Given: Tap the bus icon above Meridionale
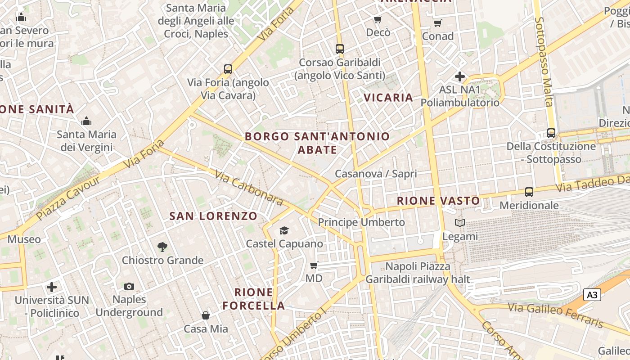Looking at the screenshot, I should (x=529, y=192).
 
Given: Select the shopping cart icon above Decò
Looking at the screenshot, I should (x=378, y=19).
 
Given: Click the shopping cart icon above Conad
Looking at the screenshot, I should (x=438, y=23).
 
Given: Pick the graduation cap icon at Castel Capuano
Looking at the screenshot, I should (x=284, y=231).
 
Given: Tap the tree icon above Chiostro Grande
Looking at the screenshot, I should (x=162, y=247).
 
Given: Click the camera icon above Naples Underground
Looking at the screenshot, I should (x=129, y=286).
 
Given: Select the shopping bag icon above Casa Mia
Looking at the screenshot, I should (x=206, y=315).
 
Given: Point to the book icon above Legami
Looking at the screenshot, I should (x=460, y=223).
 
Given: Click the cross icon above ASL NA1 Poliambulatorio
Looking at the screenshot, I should (x=459, y=76).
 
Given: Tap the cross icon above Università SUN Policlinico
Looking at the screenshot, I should (x=52, y=287).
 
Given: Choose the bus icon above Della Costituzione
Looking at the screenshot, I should (x=551, y=133).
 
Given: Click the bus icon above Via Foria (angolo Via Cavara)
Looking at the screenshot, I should (x=228, y=69).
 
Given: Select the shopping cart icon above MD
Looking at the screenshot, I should (x=314, y=265).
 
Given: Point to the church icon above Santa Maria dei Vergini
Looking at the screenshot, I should (x=86, y=121).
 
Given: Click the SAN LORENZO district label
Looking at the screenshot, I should (x=213, y=216).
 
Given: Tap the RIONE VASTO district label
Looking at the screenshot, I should (x=438, y=201).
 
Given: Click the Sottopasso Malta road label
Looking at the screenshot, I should (x=544, y=62).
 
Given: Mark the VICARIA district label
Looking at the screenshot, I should (x=388, y=97).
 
